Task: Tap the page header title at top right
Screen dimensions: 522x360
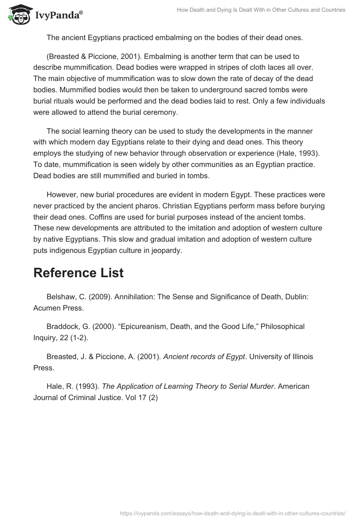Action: [x=255, y=10]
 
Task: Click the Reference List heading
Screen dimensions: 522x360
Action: [x=78, y=273]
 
